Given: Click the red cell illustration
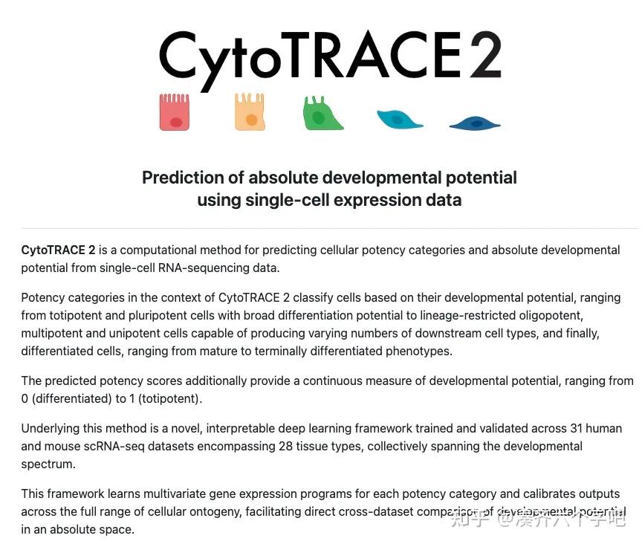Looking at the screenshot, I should [175, 112].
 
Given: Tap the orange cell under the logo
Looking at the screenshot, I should [250, 112].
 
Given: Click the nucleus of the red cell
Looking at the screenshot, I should [176, 122].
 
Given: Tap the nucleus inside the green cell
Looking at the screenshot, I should [319, 117].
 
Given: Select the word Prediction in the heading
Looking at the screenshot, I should [183, 178].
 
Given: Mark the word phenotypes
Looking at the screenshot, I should [417, 351].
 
